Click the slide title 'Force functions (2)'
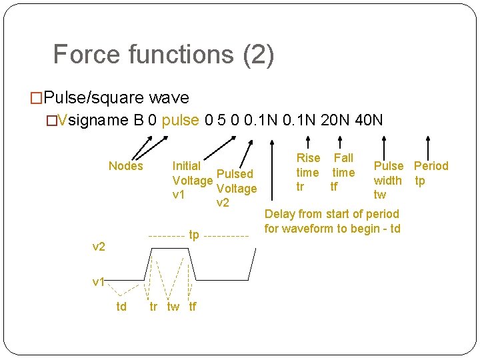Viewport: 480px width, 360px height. (x=163, y=54)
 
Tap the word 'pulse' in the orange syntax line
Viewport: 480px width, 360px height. (x=180, y=120)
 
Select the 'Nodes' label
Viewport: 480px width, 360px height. (x=126, y=166)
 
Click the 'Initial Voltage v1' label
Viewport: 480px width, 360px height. (x=187, y=180)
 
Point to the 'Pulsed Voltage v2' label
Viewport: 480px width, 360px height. (x=235, y=188)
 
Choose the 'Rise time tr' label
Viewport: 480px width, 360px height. (x=308, y=172)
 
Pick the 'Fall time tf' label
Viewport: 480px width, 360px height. (x=343, y=172)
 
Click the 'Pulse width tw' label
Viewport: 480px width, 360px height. (x=388, y=180)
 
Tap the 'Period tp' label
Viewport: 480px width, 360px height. (x=431, y=173)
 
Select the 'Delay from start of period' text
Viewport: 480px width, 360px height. (x=332, y=214)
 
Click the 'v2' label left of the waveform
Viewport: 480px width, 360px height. (x=99, y=247)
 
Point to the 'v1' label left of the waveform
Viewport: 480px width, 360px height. (x=99, y=281)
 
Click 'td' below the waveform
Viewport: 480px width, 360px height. (x=121, y=307)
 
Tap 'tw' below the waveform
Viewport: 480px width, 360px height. (x=173, y=307)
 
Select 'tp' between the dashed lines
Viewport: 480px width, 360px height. (x=194, y=235)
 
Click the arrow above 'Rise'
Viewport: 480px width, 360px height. (x=308, y=142)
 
